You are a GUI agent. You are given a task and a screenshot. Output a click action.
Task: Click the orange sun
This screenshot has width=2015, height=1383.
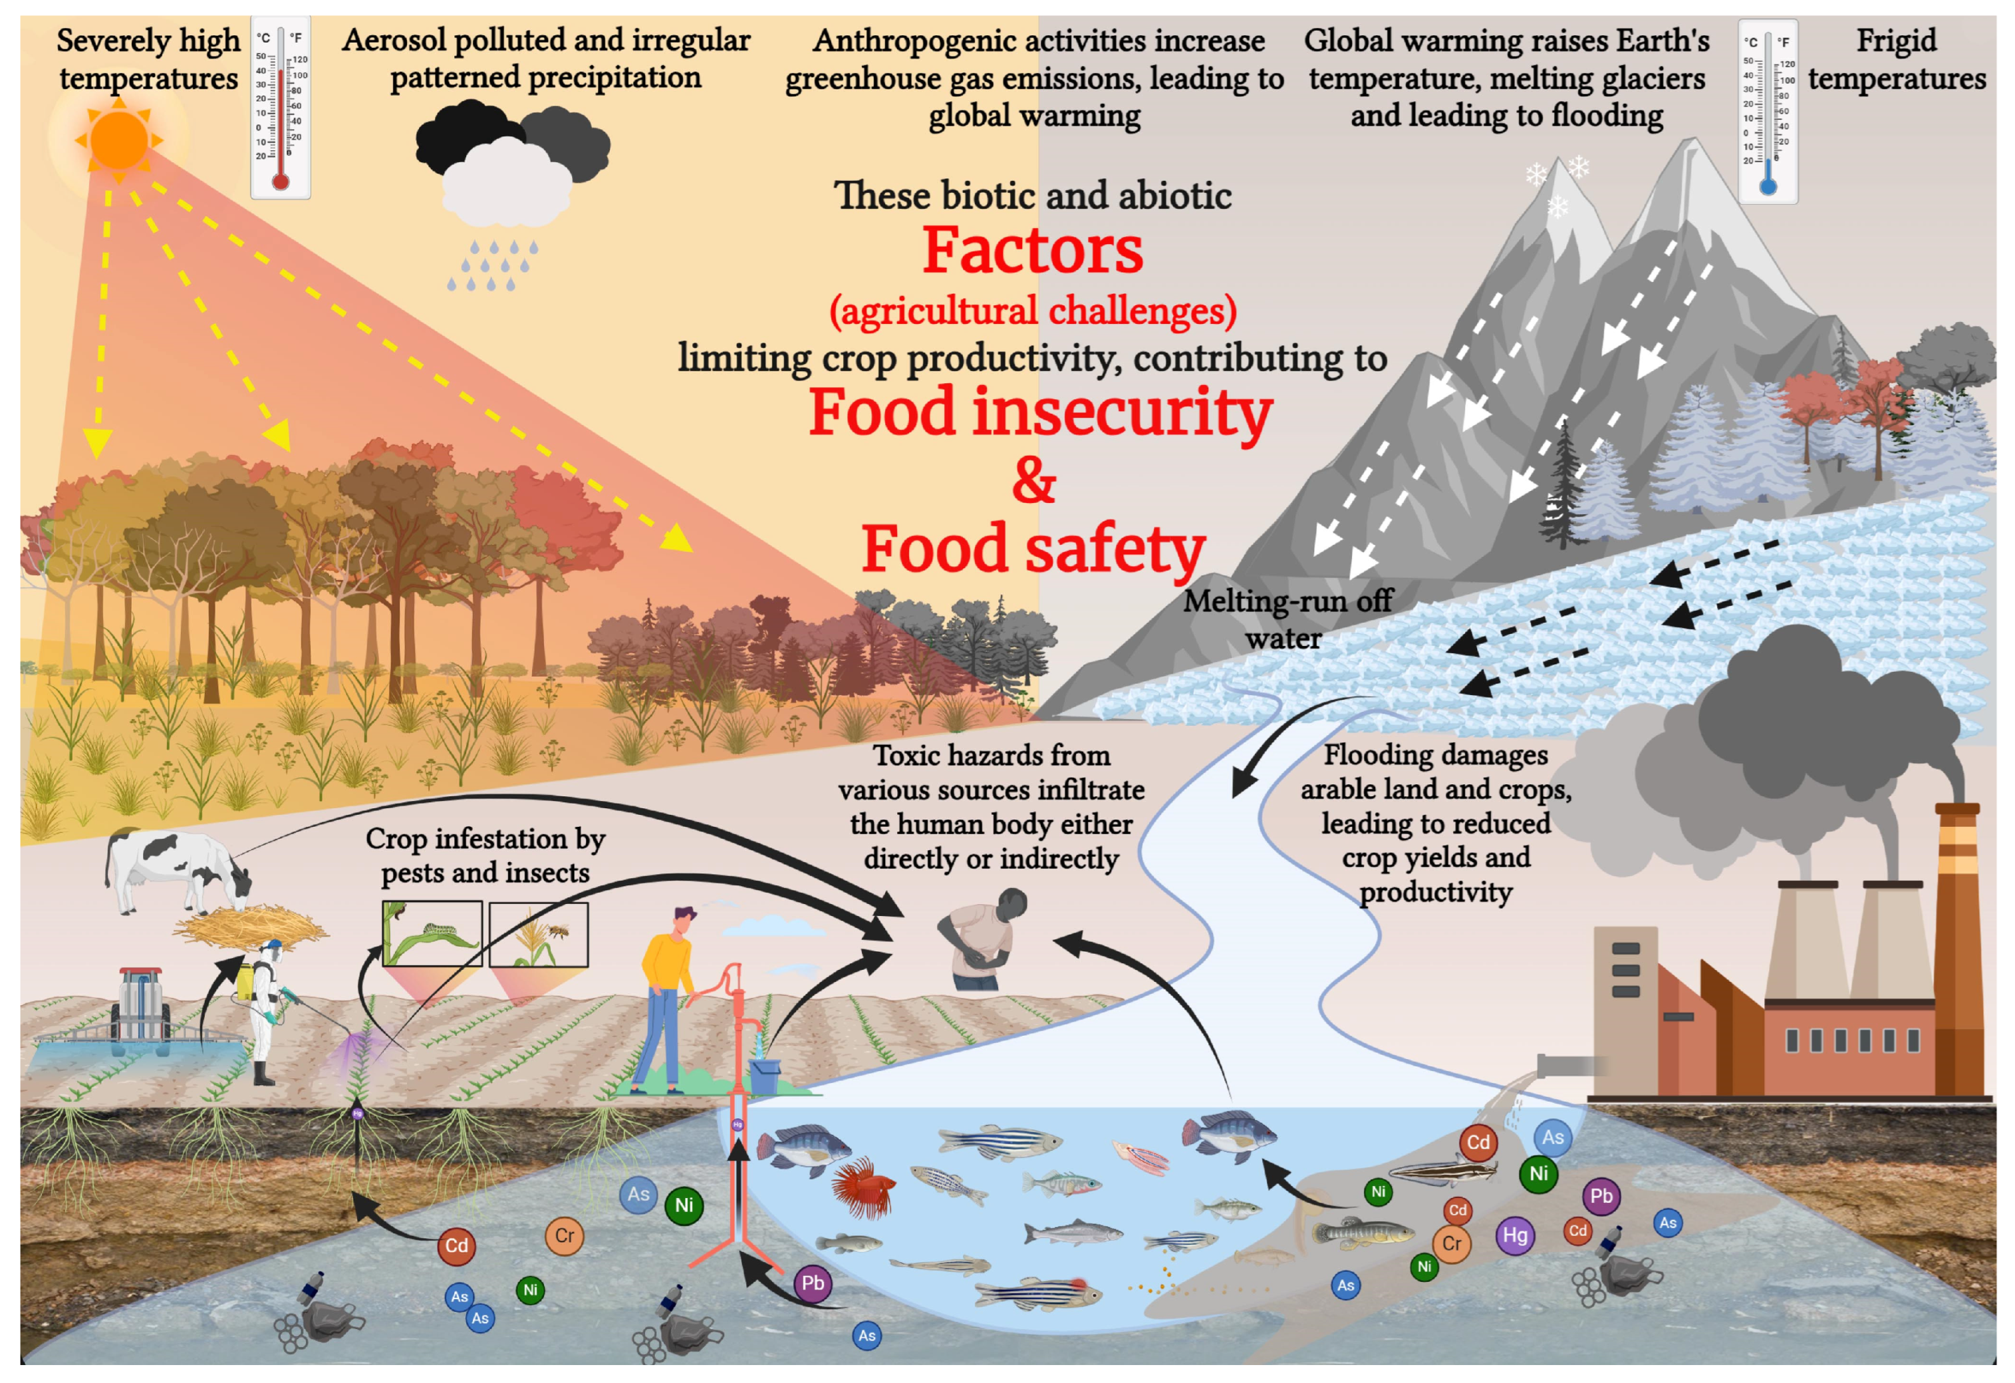click(119, 139)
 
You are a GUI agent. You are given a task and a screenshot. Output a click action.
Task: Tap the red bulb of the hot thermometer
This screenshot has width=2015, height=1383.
click(280, 181)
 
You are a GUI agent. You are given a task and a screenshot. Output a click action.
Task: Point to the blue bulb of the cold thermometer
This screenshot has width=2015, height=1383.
click(1768, 186)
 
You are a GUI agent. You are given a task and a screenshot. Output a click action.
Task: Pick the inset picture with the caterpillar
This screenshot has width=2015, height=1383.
click(432, 933)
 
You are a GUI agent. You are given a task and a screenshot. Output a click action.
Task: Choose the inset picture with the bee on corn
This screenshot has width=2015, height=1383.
click(539, 934)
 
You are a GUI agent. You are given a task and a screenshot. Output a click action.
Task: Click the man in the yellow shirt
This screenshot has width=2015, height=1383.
click(666, 997)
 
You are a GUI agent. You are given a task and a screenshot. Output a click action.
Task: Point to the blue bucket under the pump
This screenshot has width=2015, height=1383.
click(764, 1076)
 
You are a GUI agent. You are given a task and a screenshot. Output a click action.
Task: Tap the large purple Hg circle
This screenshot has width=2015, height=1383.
click(1515, 1235)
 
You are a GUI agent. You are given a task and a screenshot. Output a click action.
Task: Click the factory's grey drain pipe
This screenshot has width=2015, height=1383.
click(1561, 1065)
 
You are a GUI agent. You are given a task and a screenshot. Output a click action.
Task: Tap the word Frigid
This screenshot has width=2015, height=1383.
click(1896, 41)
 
